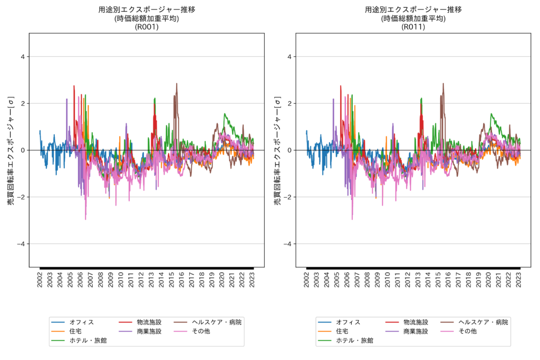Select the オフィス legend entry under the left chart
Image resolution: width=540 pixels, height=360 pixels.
click(x=82, y=322)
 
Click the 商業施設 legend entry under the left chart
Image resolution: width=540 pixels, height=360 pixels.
click(x=149, y=332)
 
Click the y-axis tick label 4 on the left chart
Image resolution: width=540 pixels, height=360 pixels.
click(x=22, y=57)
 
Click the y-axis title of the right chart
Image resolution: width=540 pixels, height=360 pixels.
click(x=277, y=150)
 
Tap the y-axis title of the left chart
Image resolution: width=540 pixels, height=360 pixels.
click(x=11, y=150)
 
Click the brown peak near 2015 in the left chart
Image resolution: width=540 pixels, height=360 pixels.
click(x=177, y=84)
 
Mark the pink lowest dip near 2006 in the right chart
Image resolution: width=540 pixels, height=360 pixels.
click(x=352, y=219)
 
